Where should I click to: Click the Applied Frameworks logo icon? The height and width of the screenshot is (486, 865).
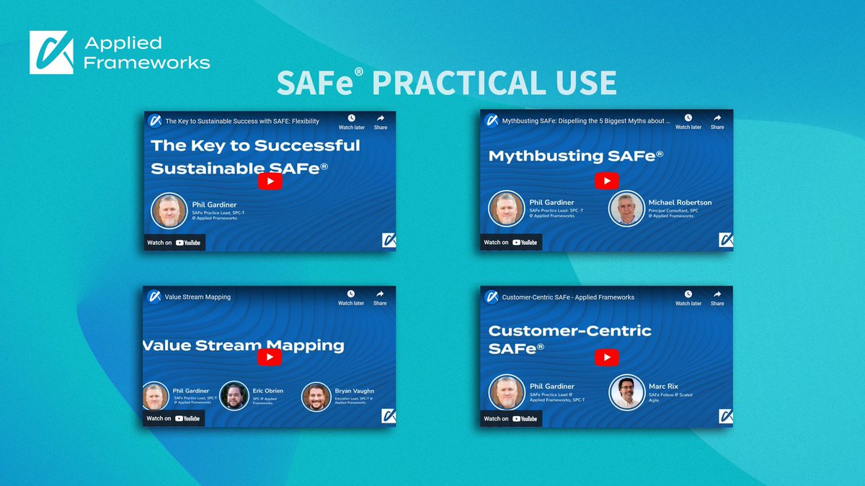(x=51, y=53)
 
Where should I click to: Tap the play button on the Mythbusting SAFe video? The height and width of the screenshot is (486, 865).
(x=607, y=181)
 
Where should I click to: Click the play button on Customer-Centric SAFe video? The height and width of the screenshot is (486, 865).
(x=607, y=357)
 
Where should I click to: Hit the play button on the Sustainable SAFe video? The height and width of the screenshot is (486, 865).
(x=270, y=181)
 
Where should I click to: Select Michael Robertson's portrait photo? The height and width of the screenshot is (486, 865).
(x=626, y=209)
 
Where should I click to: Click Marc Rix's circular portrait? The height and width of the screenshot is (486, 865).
(x=626, y=392)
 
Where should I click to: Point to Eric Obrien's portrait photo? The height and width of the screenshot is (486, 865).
(x=234, y=395)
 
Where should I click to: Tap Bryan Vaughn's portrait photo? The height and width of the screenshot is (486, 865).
(x=316, y=395)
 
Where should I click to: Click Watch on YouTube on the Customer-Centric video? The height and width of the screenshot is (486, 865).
(x=510, y=418)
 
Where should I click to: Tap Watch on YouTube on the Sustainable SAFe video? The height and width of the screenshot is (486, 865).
(x=174, y=243)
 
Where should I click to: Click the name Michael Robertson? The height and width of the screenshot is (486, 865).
(x=680, y=202)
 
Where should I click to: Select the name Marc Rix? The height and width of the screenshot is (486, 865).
(x=663, y=387)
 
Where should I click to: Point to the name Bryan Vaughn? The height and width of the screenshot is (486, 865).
(x=354, y=391)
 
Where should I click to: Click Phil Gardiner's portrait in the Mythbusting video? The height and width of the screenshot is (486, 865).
(x=506, y=209)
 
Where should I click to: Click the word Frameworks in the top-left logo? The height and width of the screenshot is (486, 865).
(x=147, y=63)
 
